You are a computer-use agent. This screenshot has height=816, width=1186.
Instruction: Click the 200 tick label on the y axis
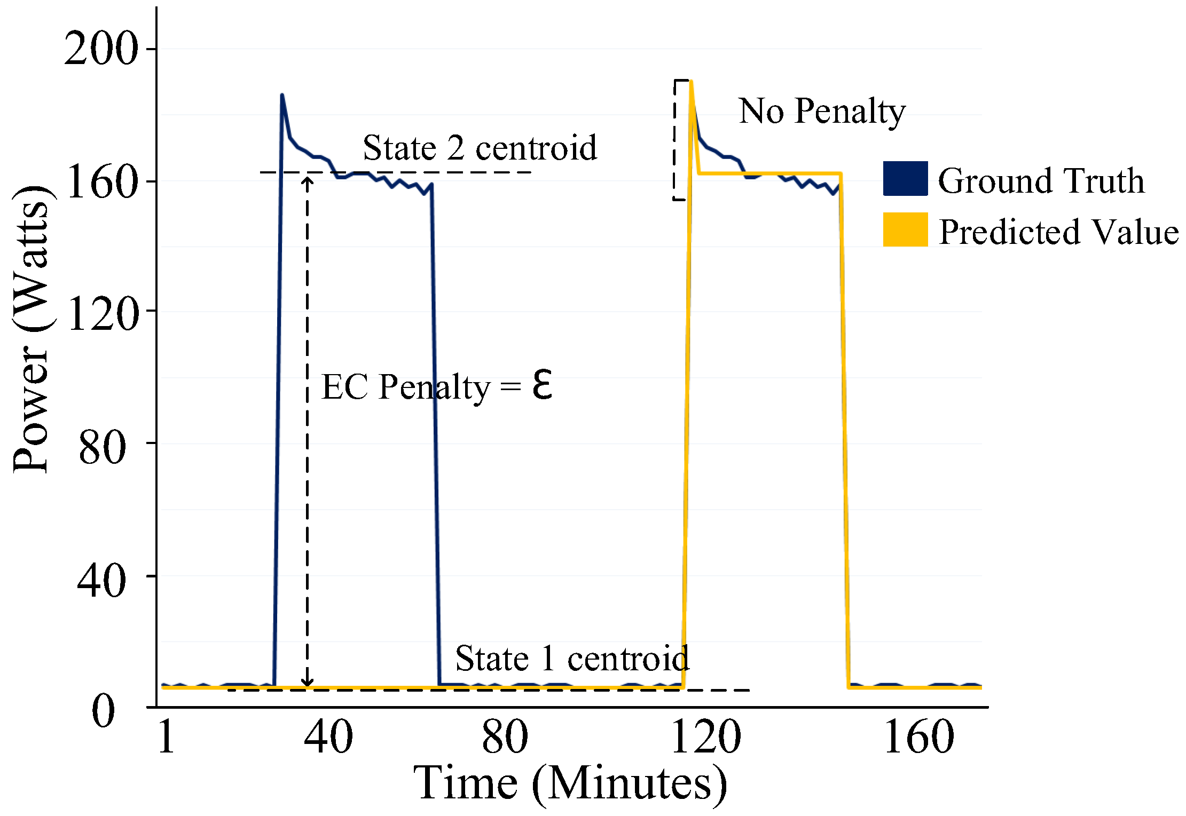pos(100,49)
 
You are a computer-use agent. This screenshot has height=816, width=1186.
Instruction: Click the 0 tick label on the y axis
pos(103,712)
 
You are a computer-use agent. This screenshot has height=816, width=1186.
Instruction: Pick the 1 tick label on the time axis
pos(166,737)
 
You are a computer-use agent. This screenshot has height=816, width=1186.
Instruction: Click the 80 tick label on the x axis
pos(505,737)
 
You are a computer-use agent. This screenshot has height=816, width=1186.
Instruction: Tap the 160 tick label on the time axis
pos(918,737)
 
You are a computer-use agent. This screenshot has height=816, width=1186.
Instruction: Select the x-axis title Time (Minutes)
pos(570,784)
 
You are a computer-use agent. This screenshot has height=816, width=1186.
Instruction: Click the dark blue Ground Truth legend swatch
pos(905,178)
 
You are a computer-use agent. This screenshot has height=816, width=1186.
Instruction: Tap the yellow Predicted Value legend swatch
pos(905,229)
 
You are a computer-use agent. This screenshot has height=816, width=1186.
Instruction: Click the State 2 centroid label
pos(480,148)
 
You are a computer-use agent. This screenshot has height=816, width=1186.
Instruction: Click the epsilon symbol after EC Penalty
pos(542,385)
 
